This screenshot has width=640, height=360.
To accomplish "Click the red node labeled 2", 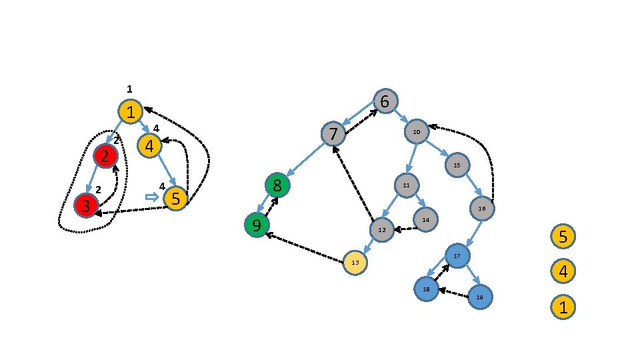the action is [x=105, y=156].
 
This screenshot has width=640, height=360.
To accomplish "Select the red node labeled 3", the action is [x=85, y=205].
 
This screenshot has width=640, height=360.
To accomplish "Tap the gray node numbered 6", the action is [x=385, y=101].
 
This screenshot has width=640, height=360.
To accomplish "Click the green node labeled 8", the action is [x=277, y=185].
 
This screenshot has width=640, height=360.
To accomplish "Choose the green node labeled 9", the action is [x=255, y=224].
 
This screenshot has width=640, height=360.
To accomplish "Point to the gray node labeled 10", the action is [x=416, y=131].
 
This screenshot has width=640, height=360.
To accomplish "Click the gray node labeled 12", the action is [x=382, y=229].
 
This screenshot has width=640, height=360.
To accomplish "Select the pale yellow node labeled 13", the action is [x=355, y=263].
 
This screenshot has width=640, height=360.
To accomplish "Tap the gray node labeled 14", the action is [x=425, y=219].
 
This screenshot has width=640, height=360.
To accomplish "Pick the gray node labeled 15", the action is [x=457, y=164].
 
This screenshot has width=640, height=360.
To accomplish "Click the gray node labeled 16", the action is [x=482, y=209].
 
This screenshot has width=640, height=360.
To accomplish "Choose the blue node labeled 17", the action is [x=457, y=256].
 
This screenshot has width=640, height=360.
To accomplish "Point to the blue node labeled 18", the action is [x=425, y=288].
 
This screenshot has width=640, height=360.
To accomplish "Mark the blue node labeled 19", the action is [x=479, y=296].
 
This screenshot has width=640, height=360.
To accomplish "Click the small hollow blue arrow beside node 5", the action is [x=151, y=197].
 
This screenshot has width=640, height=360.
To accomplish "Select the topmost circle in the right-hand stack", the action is [x=563, y=236].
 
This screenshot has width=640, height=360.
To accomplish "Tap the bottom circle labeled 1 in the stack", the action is [x=563, y=307].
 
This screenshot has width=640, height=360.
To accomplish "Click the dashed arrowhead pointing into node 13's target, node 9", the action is [x=268, y=234].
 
